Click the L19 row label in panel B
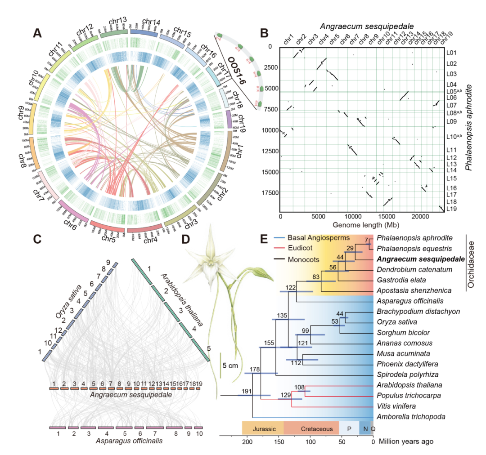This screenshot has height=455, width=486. tap(451, 209)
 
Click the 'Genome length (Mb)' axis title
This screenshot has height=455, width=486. tap(362, 224)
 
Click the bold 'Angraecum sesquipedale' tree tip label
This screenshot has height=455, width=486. tap(415, 259)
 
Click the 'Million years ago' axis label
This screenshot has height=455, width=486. tap(407, 442)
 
